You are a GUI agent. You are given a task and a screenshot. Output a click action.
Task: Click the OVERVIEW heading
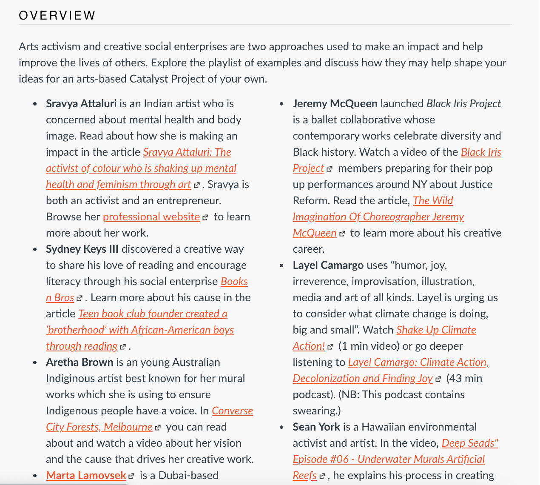tap(57, 15)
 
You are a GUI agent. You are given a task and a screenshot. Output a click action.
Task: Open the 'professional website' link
tap(151, 217)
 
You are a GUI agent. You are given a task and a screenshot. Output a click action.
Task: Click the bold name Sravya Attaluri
tap(81, 103)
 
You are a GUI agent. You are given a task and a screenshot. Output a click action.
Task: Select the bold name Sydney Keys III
tap(82, 249)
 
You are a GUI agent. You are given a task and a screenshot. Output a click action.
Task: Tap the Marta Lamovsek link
tap(86, 475)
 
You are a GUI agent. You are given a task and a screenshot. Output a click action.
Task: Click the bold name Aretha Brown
tap(80, 362)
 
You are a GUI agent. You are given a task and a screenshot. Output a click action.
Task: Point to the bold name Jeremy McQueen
tap(335, 103)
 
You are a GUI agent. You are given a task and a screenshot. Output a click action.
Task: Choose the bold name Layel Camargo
tap(328, 265)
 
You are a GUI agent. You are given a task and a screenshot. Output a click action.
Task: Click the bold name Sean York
tap(316, 427)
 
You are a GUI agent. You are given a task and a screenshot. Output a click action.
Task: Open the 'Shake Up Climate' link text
tap(436, 330)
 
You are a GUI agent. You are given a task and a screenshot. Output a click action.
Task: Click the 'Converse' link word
tap(232, 411)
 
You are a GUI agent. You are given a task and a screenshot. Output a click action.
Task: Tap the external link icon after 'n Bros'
tap(79, 298)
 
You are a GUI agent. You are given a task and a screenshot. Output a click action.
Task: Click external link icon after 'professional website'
tap(205, 217)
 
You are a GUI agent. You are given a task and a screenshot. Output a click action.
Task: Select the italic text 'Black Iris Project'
tap(463, 103)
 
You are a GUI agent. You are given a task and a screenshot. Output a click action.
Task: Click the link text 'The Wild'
tap(433, 200)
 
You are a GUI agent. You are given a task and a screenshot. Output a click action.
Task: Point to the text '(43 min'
tap(464, 378)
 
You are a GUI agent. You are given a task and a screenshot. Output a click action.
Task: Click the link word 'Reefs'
tap(304, 475)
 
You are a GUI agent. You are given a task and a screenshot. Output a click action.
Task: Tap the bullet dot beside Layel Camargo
tap(281, 266)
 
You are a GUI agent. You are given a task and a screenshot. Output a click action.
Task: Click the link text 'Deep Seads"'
tap(470, 443)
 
